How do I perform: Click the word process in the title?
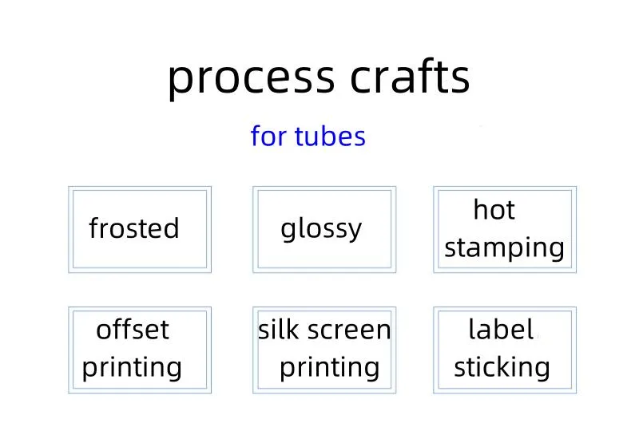point(251,77)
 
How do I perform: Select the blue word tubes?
point(330,136)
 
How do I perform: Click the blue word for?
point(268,136)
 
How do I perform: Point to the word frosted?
point(134,228)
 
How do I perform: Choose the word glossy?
point(321,229)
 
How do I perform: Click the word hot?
point(494,210)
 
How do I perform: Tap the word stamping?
point(504,248)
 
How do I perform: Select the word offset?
point(133,329)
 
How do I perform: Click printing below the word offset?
point(133,368)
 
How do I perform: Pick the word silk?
point(276,329)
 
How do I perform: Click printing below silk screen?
point(329,368)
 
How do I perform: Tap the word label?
point(500,329)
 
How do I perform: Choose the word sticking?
point(502,367)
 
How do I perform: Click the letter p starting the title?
point(181,80)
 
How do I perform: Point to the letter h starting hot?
point(480,210)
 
